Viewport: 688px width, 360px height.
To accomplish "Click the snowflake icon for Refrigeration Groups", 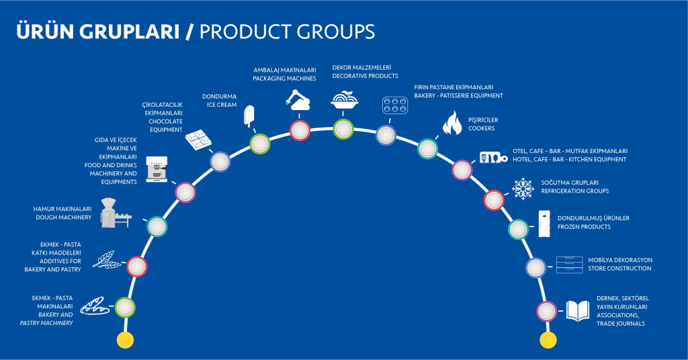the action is point(523,189).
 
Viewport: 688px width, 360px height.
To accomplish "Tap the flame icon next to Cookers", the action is point(452,123).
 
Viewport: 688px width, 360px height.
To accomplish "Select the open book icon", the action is point(577,311).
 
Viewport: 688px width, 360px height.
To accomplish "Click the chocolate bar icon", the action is point(198,140).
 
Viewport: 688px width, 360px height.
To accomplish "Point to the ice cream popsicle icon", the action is point(249,116).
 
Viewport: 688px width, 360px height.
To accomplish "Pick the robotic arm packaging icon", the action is point(298,100).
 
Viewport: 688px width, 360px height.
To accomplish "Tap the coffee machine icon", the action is point(157,169).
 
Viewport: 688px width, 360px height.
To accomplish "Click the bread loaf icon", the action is point(95,306).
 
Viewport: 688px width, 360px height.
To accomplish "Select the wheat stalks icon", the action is point(107,259).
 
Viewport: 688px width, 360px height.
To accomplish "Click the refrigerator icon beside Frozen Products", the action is point(544,224).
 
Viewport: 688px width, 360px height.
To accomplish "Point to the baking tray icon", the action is point(395,105).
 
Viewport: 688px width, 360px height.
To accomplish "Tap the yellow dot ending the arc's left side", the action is point(125,340).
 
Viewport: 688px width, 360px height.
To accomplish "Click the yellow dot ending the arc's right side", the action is point(548,340).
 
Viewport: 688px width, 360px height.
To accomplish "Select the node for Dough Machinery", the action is point(157,227).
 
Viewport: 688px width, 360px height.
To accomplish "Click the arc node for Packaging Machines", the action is point(300,130).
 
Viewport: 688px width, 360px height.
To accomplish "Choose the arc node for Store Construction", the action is point(535,267).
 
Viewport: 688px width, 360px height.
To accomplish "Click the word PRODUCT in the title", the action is point(245,32).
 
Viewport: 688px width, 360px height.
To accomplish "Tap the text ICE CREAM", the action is point(222,105).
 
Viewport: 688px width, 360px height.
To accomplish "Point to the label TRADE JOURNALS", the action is point(620,324).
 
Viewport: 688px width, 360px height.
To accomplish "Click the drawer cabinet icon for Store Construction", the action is point(569,265).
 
